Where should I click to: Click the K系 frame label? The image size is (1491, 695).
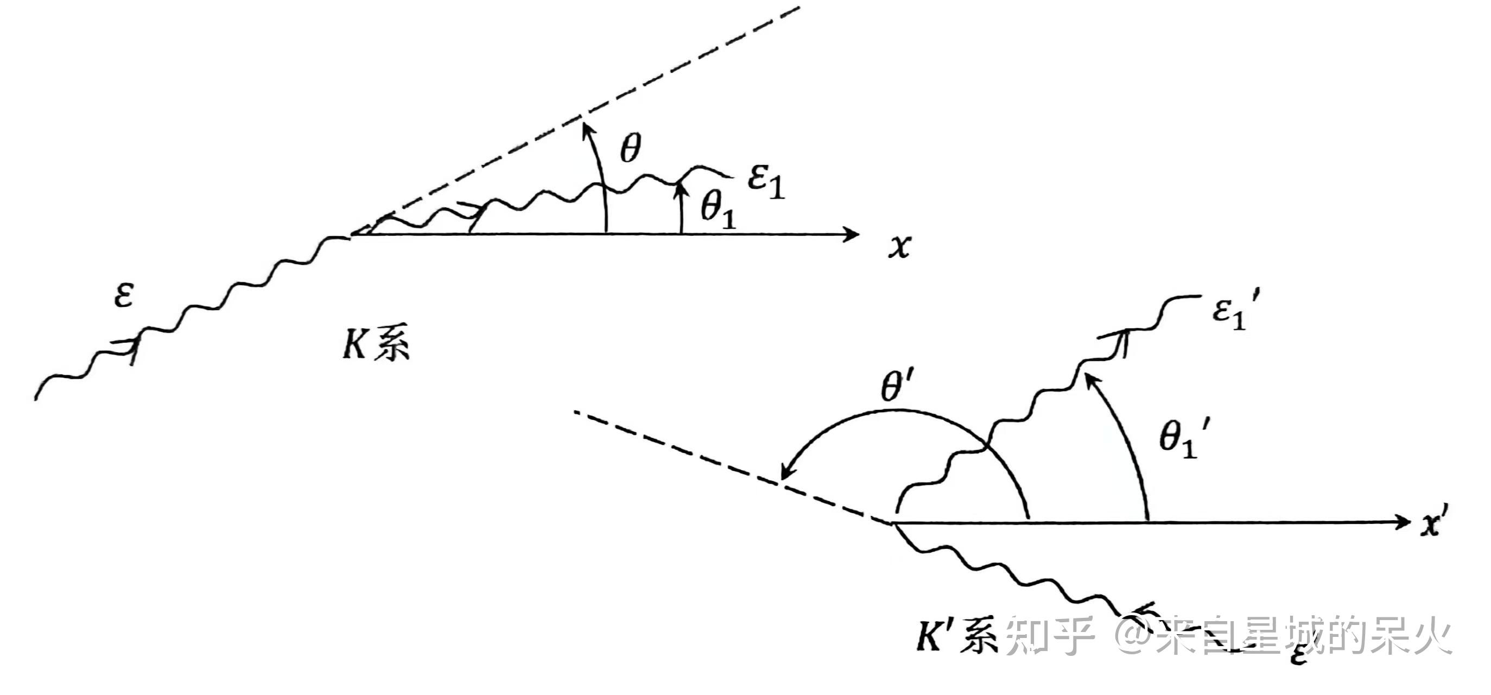tap(376, 345)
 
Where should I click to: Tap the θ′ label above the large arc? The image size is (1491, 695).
tap(896, 386)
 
